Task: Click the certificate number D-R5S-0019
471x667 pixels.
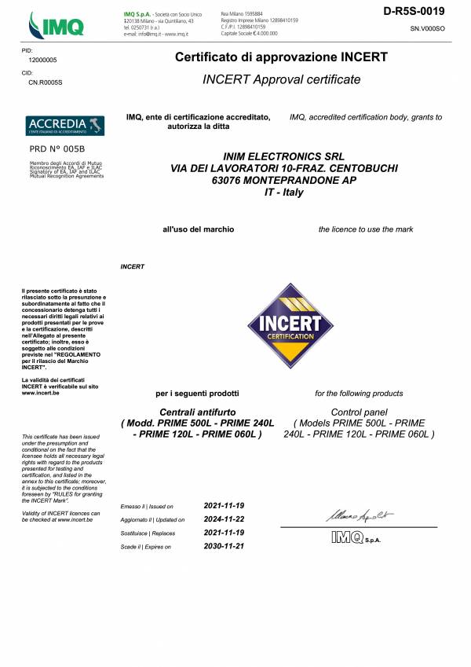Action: click(x=414, y=11)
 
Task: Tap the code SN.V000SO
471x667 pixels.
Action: click(x=427, y=28)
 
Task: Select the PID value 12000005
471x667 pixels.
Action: click(x=42, y=60)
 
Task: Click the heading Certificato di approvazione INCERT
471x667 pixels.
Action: click(x=281, y=58)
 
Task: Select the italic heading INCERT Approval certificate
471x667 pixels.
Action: click(x=281, y=79)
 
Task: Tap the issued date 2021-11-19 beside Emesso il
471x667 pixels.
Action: click(x=224, y=505)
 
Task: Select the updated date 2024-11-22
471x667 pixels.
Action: click(x=224, y=519)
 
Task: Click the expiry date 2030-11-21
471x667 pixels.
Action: click(x=224, y=545)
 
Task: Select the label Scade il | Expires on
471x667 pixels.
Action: click(x=146, y=546)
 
